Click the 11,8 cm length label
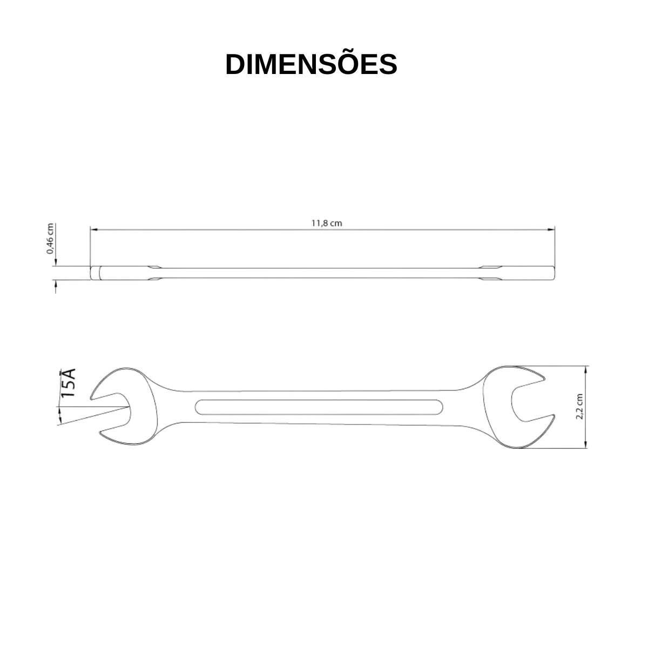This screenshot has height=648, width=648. (327, 223)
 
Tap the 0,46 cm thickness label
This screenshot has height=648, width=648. (50, 239)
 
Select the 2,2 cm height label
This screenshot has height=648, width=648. (579, 407)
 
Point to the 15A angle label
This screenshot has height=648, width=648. (67, 383)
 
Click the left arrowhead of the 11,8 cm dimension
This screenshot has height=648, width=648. (93, 230)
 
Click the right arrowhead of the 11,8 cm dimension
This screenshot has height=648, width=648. (551, 230)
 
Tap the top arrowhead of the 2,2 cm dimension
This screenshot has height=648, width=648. (586, 369)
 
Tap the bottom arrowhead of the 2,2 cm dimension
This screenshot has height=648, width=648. (586, 444)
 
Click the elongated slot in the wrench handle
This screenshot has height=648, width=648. (319, 407)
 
